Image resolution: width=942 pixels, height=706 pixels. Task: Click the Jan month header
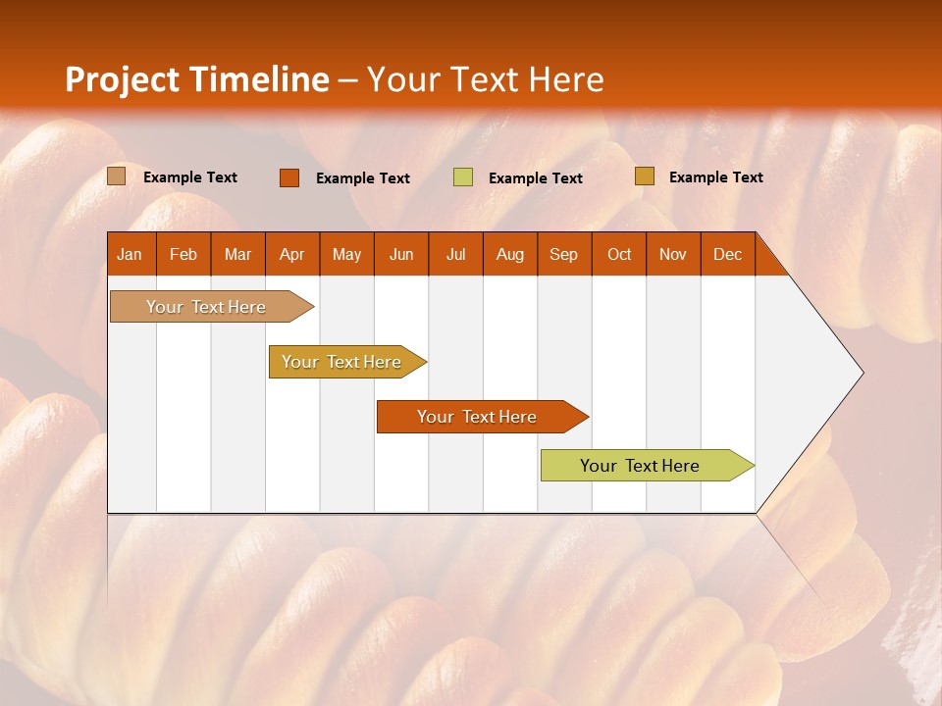131,254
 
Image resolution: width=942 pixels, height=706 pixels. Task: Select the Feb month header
183,254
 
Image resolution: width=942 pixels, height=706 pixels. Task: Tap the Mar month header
237,254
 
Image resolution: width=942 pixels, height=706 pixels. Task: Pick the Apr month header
292,254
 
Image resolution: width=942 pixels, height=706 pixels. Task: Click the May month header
346,254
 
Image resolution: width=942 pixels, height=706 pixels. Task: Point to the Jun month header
401,254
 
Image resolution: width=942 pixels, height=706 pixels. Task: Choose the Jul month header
455,254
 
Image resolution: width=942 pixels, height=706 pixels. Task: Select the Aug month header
510,254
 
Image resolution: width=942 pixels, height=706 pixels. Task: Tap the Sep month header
564,254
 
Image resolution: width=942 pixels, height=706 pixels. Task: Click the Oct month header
619,254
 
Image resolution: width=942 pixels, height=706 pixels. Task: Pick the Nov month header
673,254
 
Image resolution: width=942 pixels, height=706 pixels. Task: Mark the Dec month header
728,254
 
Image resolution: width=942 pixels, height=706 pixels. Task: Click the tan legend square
117,176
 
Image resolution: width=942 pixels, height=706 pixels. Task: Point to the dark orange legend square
289,177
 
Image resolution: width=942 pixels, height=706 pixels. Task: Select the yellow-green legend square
463,177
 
